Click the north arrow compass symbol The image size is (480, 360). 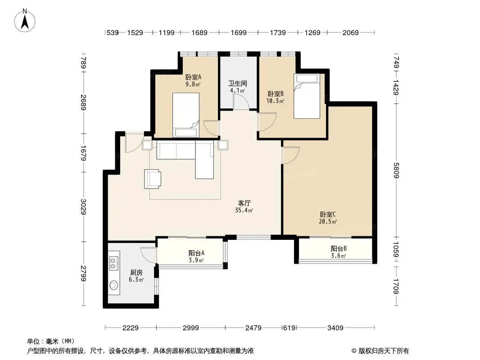(x=25, y=21)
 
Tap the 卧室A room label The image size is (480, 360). (x=193, y=77)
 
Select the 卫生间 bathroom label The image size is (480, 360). (x=238, y=83)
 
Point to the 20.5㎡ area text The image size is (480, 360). (x=328, y=221)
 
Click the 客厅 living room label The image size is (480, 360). (x=245, y=203)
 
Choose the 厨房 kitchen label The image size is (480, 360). (x=136, y=273)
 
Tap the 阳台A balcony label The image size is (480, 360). (x=196, y=253)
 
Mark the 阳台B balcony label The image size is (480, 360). (x=339, y=248)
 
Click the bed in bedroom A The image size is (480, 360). (x=186, y=115)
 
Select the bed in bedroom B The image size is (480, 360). (x=307, y=96)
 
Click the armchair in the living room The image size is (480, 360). (x=153, y=179)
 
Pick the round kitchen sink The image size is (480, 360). (x=113, y=285)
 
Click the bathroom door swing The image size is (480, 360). (x=241, y=101)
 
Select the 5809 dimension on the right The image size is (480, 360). (x=396, y=171)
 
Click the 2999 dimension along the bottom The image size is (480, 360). (x=191, y=328)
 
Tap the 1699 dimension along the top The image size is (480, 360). (x=239, y=32)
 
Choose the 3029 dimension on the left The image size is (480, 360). (x=83, y=207)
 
